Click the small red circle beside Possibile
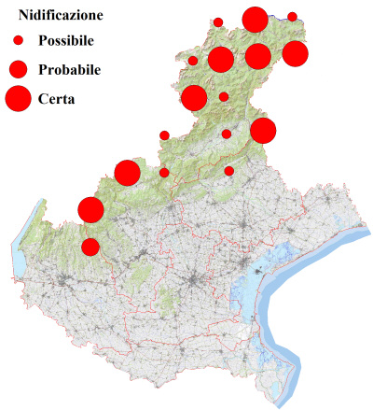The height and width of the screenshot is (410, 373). (18, 41)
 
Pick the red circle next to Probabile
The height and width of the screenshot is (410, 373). (18, 68)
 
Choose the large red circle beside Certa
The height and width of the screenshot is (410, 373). (18, 97)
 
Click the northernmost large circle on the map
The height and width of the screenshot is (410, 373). (255, 20)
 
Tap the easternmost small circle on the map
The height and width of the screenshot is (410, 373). (292, 17)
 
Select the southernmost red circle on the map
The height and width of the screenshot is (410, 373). (90, 247)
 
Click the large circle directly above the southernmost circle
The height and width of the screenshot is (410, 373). (90, 209)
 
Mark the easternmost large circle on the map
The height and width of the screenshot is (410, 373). (295, 53)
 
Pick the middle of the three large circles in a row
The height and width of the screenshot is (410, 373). (258, 56)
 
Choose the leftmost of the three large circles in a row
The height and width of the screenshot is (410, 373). (221, 60)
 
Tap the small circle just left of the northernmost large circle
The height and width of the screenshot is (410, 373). (218, 22)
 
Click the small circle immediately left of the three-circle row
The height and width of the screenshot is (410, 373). (193, 61)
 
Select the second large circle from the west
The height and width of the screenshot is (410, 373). (127, 173)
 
